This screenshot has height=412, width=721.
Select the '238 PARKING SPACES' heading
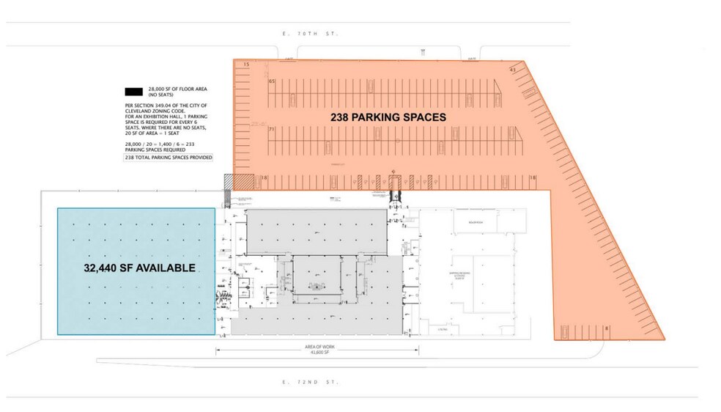click(x=388, y=117)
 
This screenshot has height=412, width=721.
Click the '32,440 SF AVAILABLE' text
click(x=138, y=268)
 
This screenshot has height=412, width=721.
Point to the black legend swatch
click(x=133, y=92)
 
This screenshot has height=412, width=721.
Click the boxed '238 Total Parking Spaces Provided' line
click(x=169, y=158)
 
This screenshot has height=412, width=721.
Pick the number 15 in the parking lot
click(x=247, y=66)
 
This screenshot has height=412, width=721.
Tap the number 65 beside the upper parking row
click(x=272, y=81)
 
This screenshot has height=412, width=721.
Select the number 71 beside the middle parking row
click(x=272, y=130)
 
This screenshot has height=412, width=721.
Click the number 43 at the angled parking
click(x=513, y=69)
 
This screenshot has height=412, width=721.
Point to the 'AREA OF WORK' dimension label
click(x=317, y=345)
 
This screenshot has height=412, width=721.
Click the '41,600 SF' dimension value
click(x=317, y=352)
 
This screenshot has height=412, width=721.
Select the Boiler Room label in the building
click(x=467, y=223)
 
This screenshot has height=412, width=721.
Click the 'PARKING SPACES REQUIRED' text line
click(x=155, y=150)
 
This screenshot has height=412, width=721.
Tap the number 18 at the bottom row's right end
click(x=533, y=177)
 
